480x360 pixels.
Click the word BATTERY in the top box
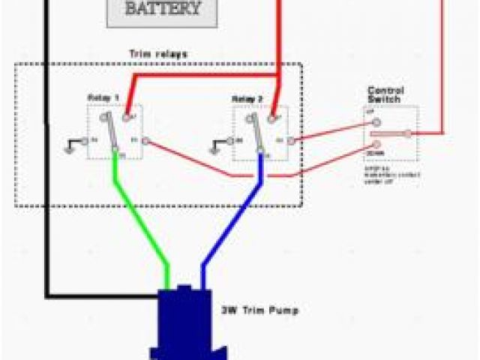pos(162,10)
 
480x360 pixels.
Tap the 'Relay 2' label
pos(247,98)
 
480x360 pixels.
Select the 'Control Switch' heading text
pos(383,94)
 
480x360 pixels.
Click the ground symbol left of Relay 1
pos(72,144)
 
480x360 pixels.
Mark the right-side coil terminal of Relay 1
pos(145,139)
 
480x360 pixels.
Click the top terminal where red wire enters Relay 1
pos(127,116)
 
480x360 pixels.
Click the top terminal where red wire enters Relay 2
pos(273,116)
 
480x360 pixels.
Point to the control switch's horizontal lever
pos(390,133)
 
